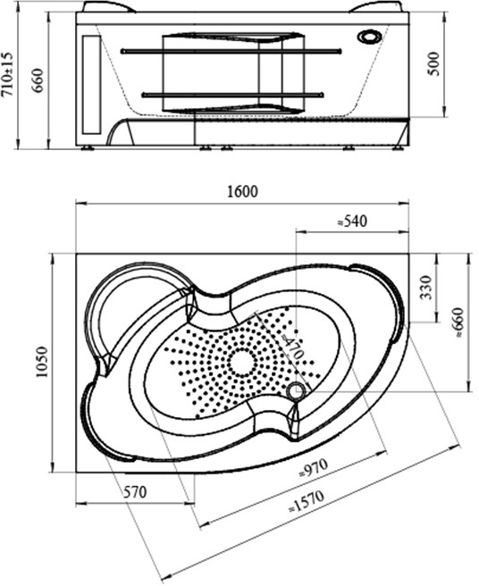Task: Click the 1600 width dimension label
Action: point(243,191)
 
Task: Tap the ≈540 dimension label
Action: point(352,221)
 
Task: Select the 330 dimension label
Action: point(425,288)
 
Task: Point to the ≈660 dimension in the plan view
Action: point(458,322)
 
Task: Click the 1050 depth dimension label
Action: point(42,362)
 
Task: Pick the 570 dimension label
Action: point(135,492)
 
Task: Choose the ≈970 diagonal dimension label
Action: point(314,467)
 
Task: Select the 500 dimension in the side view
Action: point(433,64)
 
